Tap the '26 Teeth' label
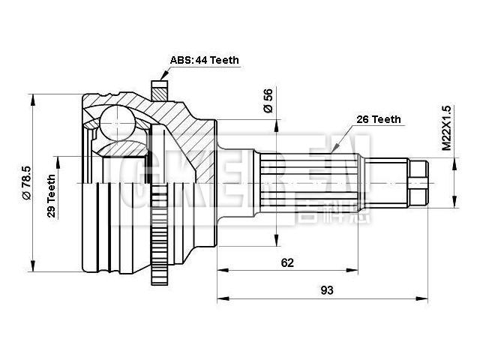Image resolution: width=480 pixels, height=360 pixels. click(379, 119)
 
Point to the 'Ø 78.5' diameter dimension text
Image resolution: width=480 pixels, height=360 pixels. click(25, 184)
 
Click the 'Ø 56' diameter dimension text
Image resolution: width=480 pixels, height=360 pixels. click(268, 100)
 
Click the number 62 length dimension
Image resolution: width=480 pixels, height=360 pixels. click(287, 262)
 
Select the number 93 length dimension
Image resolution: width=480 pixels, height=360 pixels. click(326, 289)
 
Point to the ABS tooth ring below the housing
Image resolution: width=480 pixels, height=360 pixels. click(158, 254)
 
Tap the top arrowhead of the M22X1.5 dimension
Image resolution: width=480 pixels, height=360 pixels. click(454, 162)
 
